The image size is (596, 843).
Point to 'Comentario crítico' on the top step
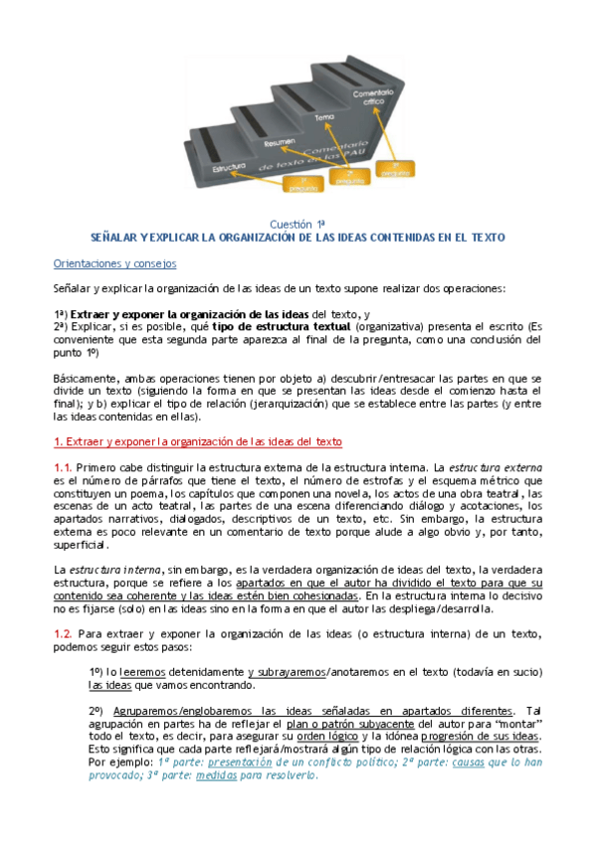pyautogui.click(x=372, y=96)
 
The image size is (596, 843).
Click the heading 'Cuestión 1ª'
pyautogui.click(x=298, y=224)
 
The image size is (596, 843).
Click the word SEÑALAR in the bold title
pyautogui.click(x=114, y=238)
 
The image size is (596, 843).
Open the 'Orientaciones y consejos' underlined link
pyautogui.click(x=114, y=263)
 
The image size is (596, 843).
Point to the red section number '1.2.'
pyautogui.click(x=63, y=632)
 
